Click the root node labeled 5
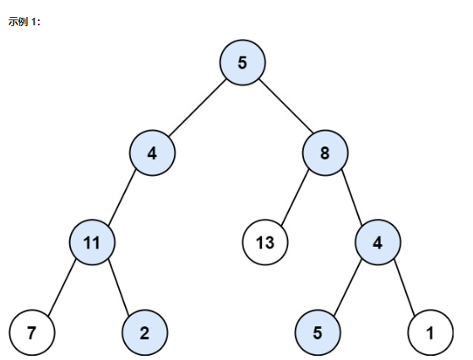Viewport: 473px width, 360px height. click(242, 63)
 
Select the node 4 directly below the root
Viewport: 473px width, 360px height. click(152, 153)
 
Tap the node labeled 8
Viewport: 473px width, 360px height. click(325, 153)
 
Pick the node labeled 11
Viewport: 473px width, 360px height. click(92, 243)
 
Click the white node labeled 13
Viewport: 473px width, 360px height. click(265, 243)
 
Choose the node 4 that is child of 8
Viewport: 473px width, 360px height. click(378, 243)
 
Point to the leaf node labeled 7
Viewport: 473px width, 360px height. click(32, 333)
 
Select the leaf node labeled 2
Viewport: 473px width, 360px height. click(144, 333)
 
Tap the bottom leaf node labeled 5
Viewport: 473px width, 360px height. click(318, 333)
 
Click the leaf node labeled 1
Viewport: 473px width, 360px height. click(431, 333)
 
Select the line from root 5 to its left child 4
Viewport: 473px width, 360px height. click(198, 107)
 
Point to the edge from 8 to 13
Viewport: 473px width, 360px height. click(295, 198)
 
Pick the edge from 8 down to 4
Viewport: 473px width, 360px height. click(351, 198)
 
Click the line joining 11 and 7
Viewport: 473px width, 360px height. click(62, 287)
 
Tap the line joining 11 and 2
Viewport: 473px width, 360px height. click(118, 287)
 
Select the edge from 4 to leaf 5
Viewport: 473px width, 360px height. click(347, 287)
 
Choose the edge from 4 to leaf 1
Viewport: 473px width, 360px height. click(405, 287)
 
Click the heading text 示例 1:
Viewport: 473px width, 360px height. click(24, 22)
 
